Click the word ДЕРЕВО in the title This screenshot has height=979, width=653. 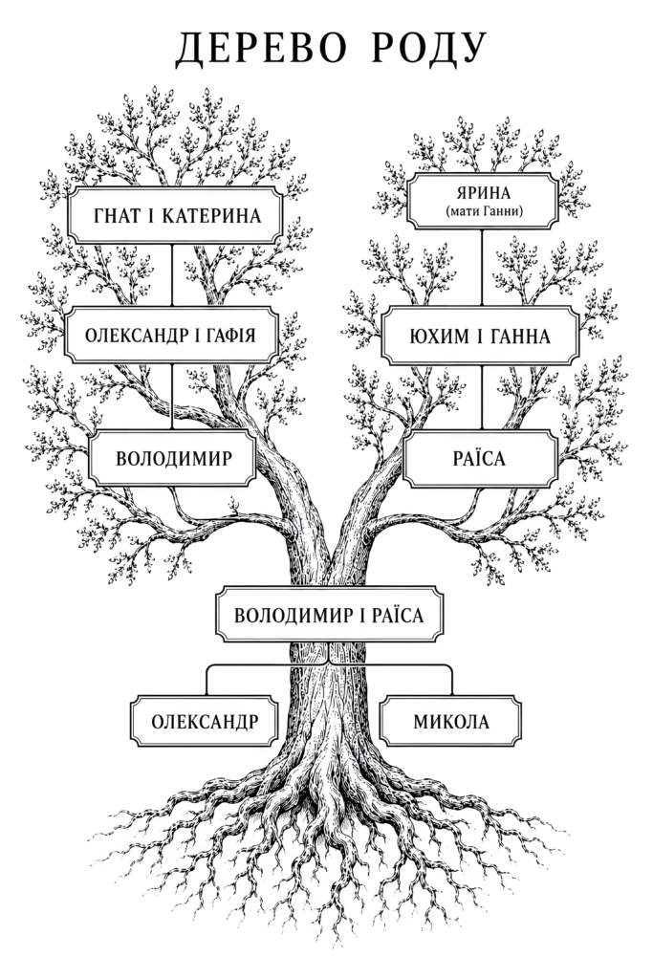pos(260,48)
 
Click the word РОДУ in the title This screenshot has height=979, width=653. pos(429,49)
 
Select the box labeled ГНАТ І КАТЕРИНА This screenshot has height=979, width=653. pos(175,215)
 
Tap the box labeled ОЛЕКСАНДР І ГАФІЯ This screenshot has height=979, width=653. pos(172,336)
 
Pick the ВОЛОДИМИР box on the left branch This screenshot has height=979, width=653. pos(172,458)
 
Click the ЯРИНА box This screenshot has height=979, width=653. pos(482,201)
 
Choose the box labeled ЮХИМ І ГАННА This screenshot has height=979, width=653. pos(481,336)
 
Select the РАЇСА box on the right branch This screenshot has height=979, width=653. pos(480,459)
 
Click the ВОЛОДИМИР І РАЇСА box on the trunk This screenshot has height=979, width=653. pos(329,615)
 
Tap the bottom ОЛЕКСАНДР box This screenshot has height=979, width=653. pos(205,722)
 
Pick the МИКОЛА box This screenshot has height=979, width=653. pos(450,722)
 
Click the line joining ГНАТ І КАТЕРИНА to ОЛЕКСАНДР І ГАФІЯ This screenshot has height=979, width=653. pos(172,275)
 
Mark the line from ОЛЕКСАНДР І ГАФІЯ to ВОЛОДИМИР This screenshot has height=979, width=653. pos(172,397)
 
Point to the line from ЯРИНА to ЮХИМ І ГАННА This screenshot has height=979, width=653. pos(481,268)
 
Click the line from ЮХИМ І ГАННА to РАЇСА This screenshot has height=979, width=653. pos(481,398)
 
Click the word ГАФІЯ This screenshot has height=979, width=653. pos(229,336)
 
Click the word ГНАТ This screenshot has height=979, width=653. pos(116,216)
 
